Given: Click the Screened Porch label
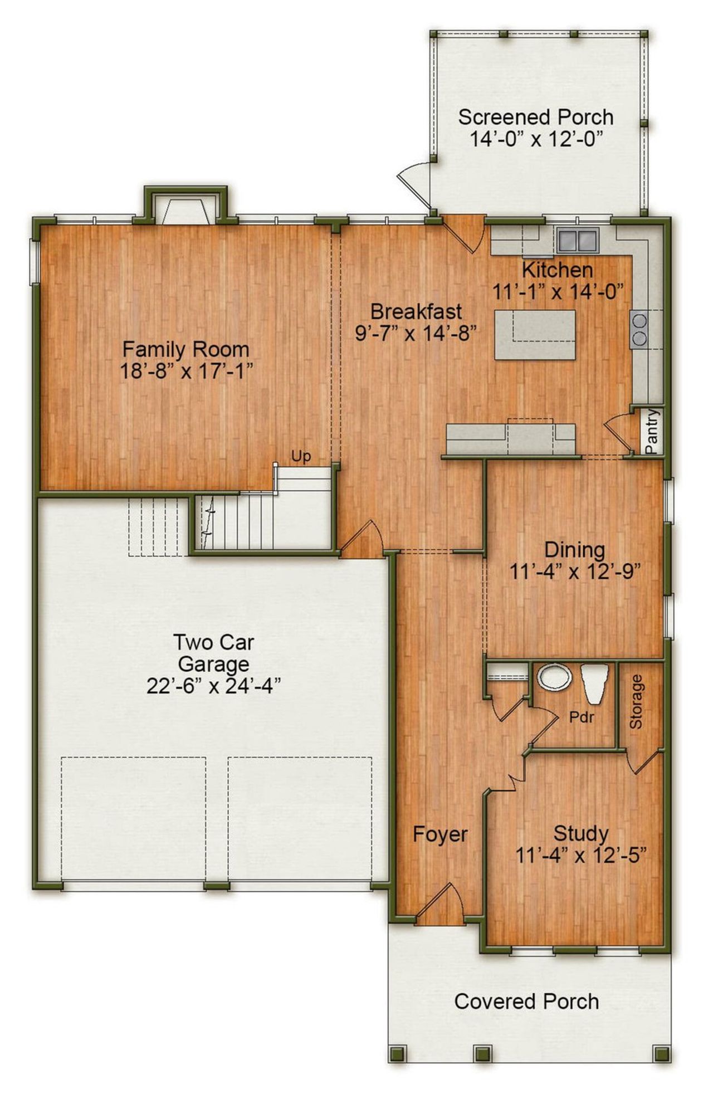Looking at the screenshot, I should [x=535, y=118].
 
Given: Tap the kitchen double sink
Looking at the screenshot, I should [x=577, y=241].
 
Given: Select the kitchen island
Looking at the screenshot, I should [x=535, y=335].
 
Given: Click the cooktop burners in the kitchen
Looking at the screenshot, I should [x=639, y=329].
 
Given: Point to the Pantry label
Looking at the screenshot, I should [x=651, y=431].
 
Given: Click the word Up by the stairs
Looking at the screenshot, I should [x=301, y=457].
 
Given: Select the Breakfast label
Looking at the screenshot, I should [x=416, y=311].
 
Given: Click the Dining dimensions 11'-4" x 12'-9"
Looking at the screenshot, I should [x=575, y=571].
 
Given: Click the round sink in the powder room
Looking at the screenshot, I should [x=554, y=677].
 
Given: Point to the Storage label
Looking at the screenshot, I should [x=636, y=701].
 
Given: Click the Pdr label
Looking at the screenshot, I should [x=582, y=717].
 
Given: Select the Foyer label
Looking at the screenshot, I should [x=440, y=834].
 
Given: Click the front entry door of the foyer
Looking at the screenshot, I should [x=440, y=905].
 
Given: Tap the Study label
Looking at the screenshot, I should [x=580, y=834].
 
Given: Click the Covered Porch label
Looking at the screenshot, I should [x=526, y=1001].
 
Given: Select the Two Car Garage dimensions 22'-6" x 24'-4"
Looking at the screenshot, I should [x=213, y=686].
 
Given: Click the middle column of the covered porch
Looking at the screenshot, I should [x=481, y=1053].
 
